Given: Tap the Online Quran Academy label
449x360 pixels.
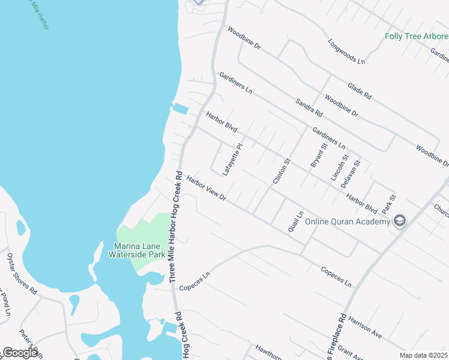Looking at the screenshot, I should (x=348, y=221).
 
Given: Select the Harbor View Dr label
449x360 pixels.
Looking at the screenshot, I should (x=206, y=188).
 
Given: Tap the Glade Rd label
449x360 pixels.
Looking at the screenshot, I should (x=360, y=88).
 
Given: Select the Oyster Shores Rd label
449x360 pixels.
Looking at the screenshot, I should (x=22, y=275).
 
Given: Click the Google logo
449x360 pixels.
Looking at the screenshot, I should (x=20, y=353).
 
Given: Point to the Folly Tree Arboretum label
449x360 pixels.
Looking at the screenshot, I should (x=417, y=36).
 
